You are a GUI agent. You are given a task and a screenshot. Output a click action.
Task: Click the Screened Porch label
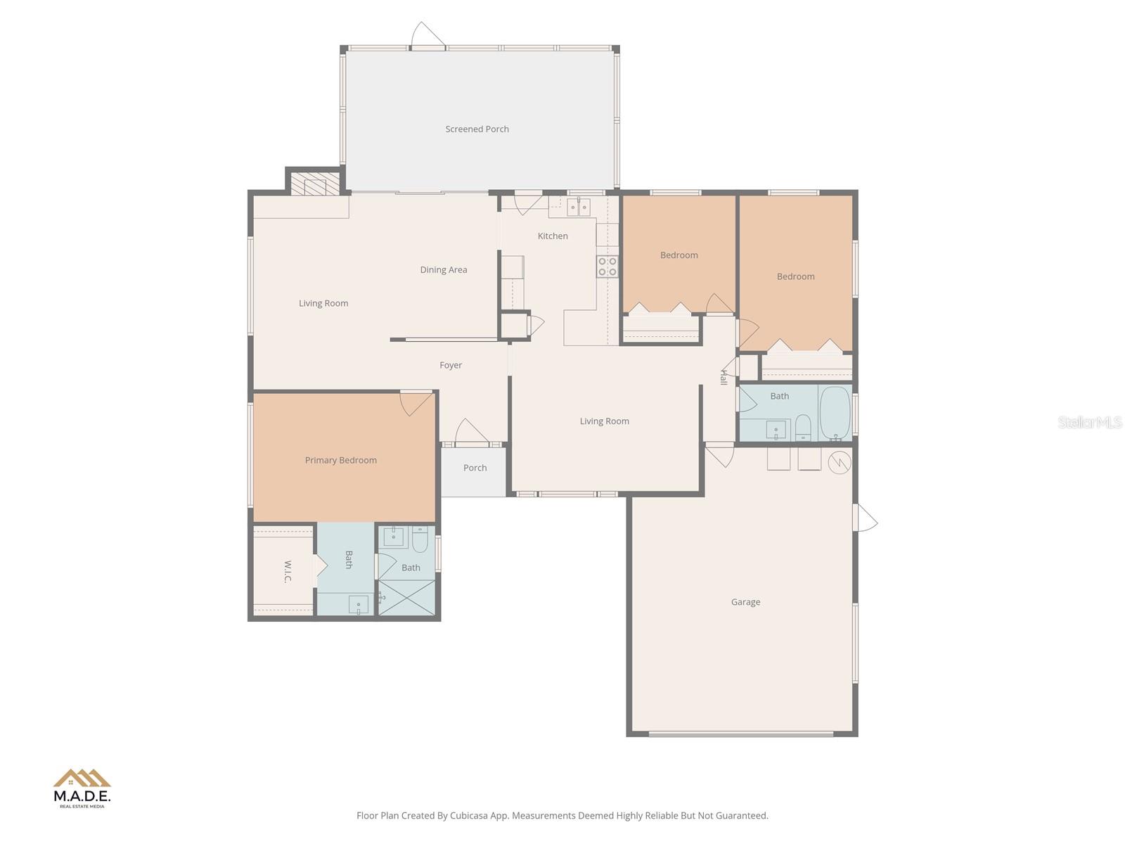477,129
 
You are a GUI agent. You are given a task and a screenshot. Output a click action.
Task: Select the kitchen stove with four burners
607,267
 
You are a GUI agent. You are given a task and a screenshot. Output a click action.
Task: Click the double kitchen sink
579,207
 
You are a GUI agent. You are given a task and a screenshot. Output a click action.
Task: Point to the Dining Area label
443,269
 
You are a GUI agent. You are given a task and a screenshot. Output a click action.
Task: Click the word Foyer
451,365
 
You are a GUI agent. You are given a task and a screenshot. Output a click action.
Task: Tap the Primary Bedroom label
340,460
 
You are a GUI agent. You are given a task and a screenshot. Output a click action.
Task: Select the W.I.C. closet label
288,571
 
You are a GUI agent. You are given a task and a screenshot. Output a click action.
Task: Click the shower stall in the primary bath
406,598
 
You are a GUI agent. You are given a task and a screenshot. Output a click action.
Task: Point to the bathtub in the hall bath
835,413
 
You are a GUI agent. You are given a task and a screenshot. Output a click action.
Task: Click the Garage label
745,602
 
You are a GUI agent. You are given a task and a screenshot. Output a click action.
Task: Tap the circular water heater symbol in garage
840,462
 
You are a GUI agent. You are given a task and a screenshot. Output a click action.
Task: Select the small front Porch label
475,468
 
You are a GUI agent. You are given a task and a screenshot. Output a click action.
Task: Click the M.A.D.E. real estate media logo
82,788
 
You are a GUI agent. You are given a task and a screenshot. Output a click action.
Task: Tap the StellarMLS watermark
1090,422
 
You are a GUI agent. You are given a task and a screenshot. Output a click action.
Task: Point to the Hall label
723,377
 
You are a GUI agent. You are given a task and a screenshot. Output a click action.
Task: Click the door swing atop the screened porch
427,35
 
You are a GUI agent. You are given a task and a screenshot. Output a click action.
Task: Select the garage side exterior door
866,518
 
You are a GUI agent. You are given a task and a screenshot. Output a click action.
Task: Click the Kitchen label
553,236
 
